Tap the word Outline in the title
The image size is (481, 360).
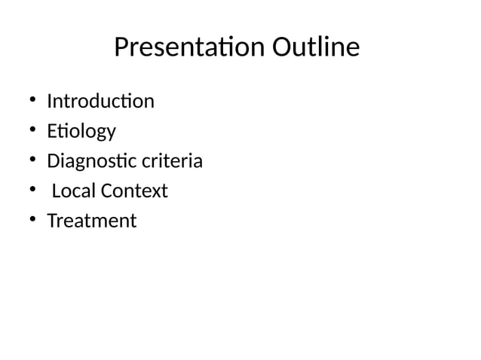tap(316, 48)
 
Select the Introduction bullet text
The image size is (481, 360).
tap(100, 101)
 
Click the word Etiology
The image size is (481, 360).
tap(81, 131)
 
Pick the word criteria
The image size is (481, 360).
tap(175, 161)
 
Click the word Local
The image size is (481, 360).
tap(74, 191)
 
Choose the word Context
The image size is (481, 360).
tap(134, 191)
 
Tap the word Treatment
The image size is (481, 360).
tap(91, 221)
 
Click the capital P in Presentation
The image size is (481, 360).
tap(121, 48)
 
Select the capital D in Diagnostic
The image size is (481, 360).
tap(53, 161)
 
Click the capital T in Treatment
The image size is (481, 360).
tap(51, 221)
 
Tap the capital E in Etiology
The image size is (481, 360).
tap(51, 131)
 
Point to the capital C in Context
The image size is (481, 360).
tap(106, 191)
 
